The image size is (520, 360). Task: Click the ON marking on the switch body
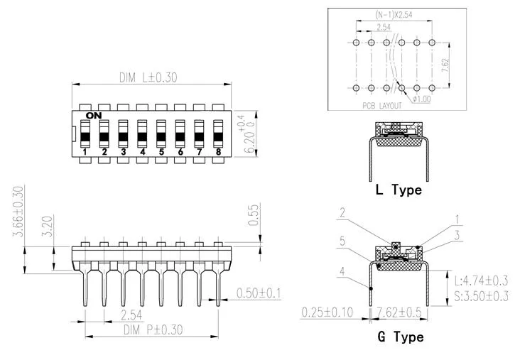pyautogui.click(x=94, y=116)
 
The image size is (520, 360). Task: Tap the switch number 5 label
pyautogui.click(x=161, y=152)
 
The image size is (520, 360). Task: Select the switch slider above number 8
pyautogui.click(x=218, y=133)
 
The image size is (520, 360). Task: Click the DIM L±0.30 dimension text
pyautogui.click(x=148, y=77)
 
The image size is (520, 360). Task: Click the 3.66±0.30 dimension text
pyautogui.click(x=18, y=212)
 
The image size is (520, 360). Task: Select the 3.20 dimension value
pyautogui.click(x=47, y=226)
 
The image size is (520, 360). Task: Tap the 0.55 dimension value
pyautogui.click(x=254, y=215)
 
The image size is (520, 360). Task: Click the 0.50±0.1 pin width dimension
pyautogui.click(x=259, y=293)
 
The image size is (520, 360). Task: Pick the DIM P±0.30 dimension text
pyautogui.click(x=153, y=330)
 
